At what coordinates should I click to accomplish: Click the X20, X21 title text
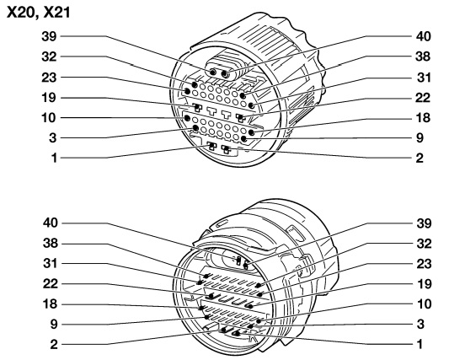38,13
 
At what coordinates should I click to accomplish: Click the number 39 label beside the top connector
49,36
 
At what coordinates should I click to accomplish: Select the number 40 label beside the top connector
424,36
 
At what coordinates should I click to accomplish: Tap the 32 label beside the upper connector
49,56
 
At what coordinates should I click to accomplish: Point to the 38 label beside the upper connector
423,56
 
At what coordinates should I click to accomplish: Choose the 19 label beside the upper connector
49,98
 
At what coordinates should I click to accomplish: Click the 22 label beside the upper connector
423,98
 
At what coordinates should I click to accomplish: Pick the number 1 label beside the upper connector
54,158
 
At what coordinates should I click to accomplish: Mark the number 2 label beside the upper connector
420,158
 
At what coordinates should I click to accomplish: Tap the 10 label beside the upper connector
49,118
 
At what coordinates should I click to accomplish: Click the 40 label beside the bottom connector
51,223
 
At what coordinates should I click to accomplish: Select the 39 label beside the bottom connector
424,223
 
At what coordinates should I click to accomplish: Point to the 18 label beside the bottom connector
50,304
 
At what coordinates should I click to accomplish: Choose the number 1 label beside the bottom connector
420,344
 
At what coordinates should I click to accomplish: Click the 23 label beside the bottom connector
424,264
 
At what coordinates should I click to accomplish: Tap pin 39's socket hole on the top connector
213,73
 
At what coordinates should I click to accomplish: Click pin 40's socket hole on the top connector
226,74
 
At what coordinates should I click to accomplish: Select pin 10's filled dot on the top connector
187,118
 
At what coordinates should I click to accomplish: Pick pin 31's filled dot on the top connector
252,105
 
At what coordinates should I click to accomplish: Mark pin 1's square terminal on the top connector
211,146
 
